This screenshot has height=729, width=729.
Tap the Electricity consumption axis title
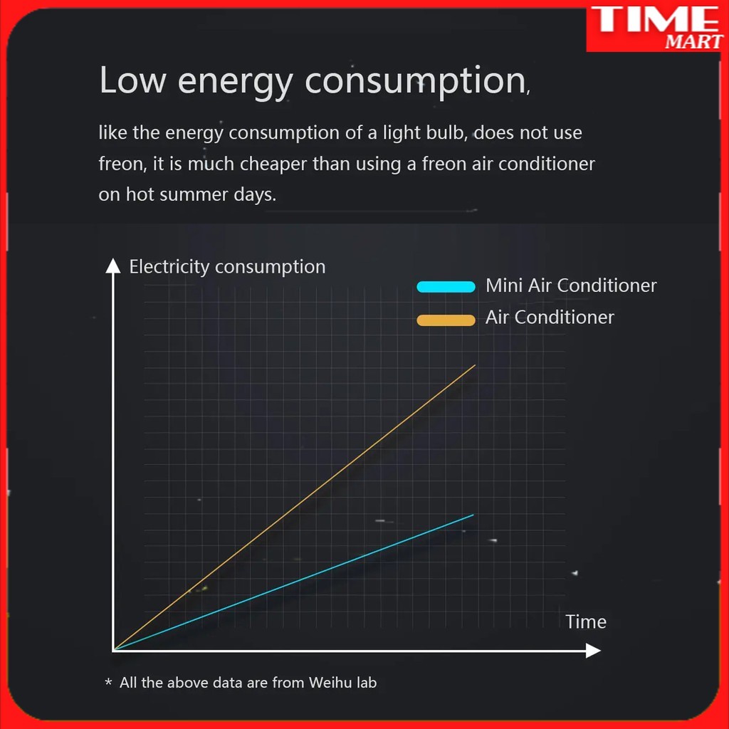point(227,267)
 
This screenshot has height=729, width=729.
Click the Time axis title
point(586,622)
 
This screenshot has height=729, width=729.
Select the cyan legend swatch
point(446,287)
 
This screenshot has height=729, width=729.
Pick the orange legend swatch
point(446,320)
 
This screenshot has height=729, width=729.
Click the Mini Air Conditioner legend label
point(571,285)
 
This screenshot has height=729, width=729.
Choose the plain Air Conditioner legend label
point(550,318)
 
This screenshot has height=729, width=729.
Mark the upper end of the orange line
point(474,366)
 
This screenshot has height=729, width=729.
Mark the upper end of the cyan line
point(472,515)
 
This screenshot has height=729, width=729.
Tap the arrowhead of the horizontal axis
point(594,650)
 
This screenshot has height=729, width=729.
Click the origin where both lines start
point(113,650)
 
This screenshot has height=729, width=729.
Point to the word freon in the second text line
point(120,164)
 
